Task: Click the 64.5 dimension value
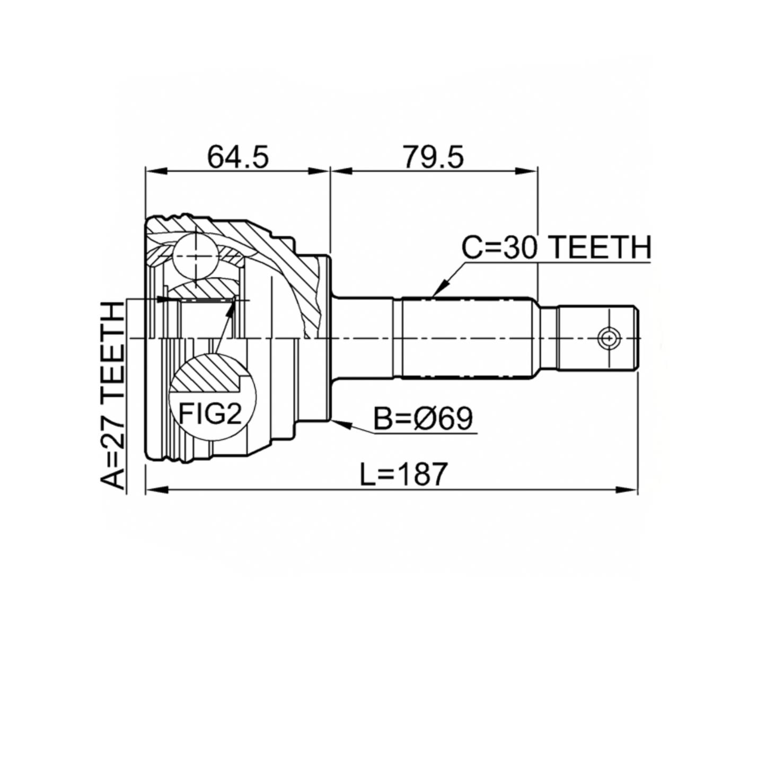(x=237, y=157)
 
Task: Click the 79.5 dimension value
(x=433, y=157)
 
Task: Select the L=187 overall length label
(x=404, y=474)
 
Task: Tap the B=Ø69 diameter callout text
(x=424, y=418)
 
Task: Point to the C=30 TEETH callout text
(x=557, y=247)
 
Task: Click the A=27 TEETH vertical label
(x=112, y=395)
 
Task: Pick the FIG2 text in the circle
(x=210, y=413)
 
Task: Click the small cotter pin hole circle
(x=609, y=339)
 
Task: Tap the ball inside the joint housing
(x=196, y=257)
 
